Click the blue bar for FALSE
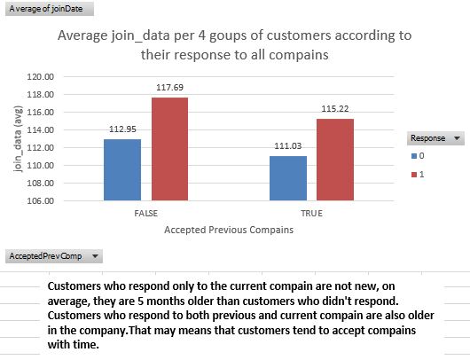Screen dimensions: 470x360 122,169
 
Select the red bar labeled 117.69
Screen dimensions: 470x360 170,149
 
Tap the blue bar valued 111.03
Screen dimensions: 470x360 288,178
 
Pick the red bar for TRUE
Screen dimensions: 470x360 335,160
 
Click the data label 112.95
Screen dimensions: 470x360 122,129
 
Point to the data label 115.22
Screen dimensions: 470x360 335,108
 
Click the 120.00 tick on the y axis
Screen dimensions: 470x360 41,77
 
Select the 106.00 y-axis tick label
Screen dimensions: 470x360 41,200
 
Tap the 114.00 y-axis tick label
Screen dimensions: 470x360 41,129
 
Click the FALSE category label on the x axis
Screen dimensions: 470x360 146,214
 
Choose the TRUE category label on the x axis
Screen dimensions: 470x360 312,214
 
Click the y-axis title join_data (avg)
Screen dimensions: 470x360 19,139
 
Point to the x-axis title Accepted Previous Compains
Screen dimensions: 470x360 229,230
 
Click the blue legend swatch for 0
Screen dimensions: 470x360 414,156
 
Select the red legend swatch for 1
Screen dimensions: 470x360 414,175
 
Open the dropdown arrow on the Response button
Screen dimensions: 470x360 457,138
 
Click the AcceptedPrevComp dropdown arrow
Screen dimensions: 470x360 95,256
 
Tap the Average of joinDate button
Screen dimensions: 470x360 50,9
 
